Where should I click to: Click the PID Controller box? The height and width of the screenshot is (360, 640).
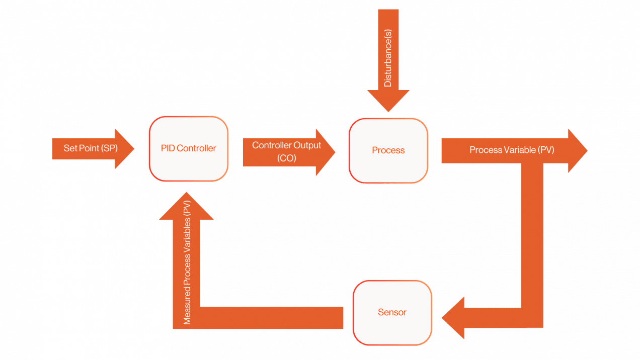189,149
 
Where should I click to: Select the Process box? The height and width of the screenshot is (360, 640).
388,150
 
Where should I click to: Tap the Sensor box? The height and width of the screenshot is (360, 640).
392,312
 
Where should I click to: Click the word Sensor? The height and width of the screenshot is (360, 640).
392,312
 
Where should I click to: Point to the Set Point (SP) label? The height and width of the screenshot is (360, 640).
85,149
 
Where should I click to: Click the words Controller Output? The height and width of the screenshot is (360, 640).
286,145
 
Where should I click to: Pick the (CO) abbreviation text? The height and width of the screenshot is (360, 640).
286,157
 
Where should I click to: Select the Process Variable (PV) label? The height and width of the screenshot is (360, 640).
512,150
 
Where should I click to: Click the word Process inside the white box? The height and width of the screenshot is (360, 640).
388,150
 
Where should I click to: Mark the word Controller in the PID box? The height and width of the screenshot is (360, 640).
196,148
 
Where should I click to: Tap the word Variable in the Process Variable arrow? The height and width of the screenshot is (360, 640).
520,150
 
